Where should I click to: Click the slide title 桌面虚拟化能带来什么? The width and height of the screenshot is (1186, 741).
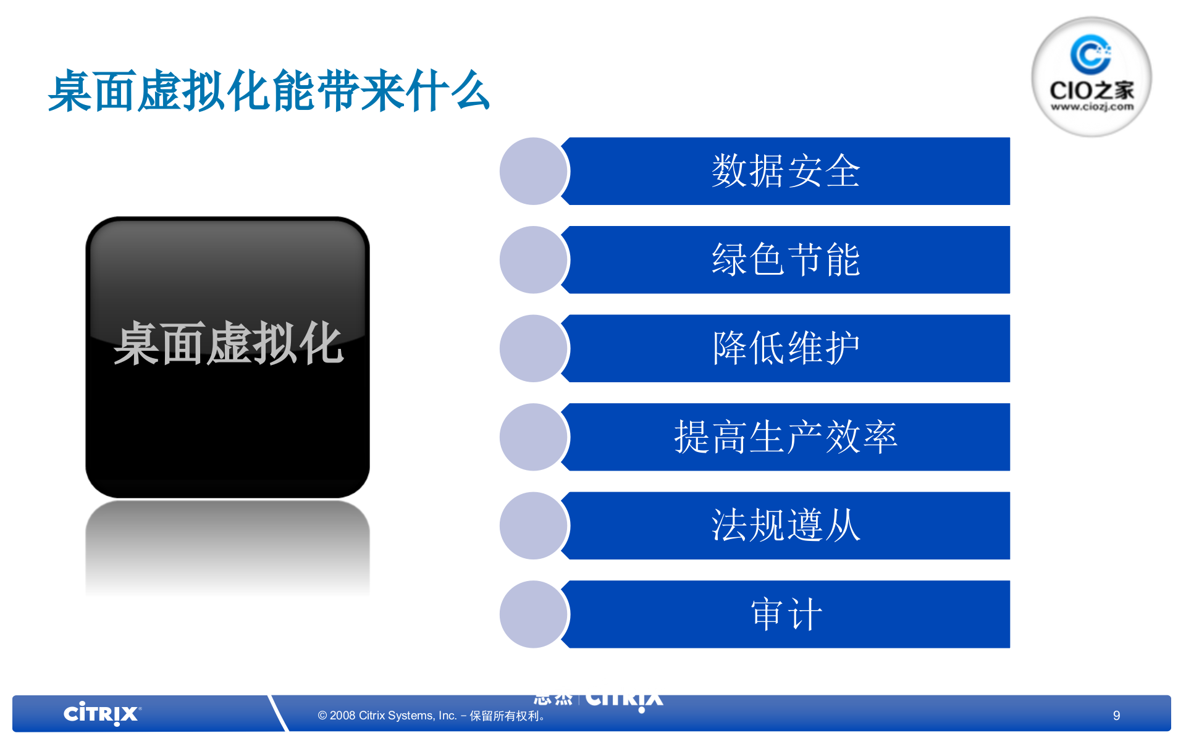click(x=269, y=91)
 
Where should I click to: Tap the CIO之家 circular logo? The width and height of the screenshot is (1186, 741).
click(x=1091, y=77)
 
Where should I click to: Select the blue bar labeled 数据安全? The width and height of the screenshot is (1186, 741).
click(x=786, y=171)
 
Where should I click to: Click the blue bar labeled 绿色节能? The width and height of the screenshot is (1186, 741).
click(x=786, y=260)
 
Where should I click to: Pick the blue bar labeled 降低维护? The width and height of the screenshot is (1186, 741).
click(x=786, y=348)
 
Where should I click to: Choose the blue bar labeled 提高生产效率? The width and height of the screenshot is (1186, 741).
click(x=786, y=437)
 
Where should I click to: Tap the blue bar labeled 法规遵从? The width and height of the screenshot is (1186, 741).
click(x=786, y=525)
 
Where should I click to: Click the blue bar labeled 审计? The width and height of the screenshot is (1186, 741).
click(x=786, y=614)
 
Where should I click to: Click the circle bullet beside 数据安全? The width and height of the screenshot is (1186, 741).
click(x=532, y=171)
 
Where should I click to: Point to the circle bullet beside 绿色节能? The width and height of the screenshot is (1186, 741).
click(x=532, y=260)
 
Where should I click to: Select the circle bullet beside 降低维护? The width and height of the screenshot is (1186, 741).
click(x=532, y=348)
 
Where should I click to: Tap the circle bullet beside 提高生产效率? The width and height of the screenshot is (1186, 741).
click(x=532, y=437)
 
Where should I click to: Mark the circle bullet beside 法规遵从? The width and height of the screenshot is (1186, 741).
click(x=532, y=525)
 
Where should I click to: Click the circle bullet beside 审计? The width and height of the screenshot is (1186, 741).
click(x=532, y=614)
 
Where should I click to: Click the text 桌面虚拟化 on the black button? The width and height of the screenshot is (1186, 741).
click(x=228, y=343)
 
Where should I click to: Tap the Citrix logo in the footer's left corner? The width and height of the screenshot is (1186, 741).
click(x=102, y=714)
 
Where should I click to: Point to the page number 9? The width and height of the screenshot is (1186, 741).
click(x=1116, y=716)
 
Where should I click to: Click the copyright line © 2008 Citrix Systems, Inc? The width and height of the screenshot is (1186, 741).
click(x=431, y=716)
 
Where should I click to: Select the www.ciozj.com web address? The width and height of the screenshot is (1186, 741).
click(x=1091, y=107)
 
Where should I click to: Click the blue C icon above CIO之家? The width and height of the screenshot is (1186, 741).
click(x=1090, y=54)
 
